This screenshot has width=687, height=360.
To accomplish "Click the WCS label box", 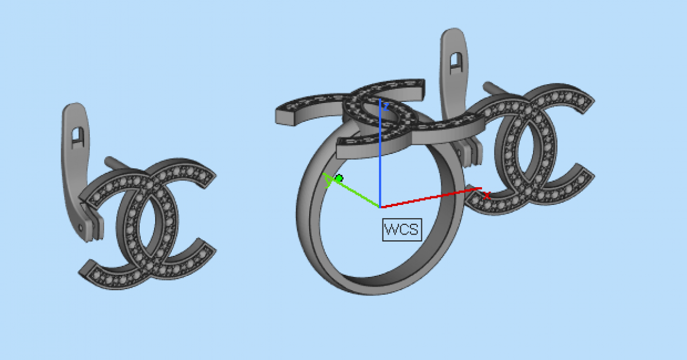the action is click(x=402, y=230).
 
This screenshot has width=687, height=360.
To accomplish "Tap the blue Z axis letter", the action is click(x=386, y=106).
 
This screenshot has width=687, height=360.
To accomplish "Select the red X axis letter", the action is click(x=487, y=195).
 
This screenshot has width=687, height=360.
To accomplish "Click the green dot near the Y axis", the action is click(x=339, y=178).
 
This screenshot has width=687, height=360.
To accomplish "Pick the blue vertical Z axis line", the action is click(x=380, y=153).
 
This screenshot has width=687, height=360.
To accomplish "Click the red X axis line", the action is click(x=431, y=198).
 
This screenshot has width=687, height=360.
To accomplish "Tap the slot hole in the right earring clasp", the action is click(x=456, y=63).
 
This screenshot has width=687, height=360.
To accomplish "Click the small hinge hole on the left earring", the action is click(x=81, y=228).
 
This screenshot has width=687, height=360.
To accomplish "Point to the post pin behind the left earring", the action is click(x=117, y=163).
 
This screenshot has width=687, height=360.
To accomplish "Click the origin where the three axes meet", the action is click(x=380, y=208).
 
